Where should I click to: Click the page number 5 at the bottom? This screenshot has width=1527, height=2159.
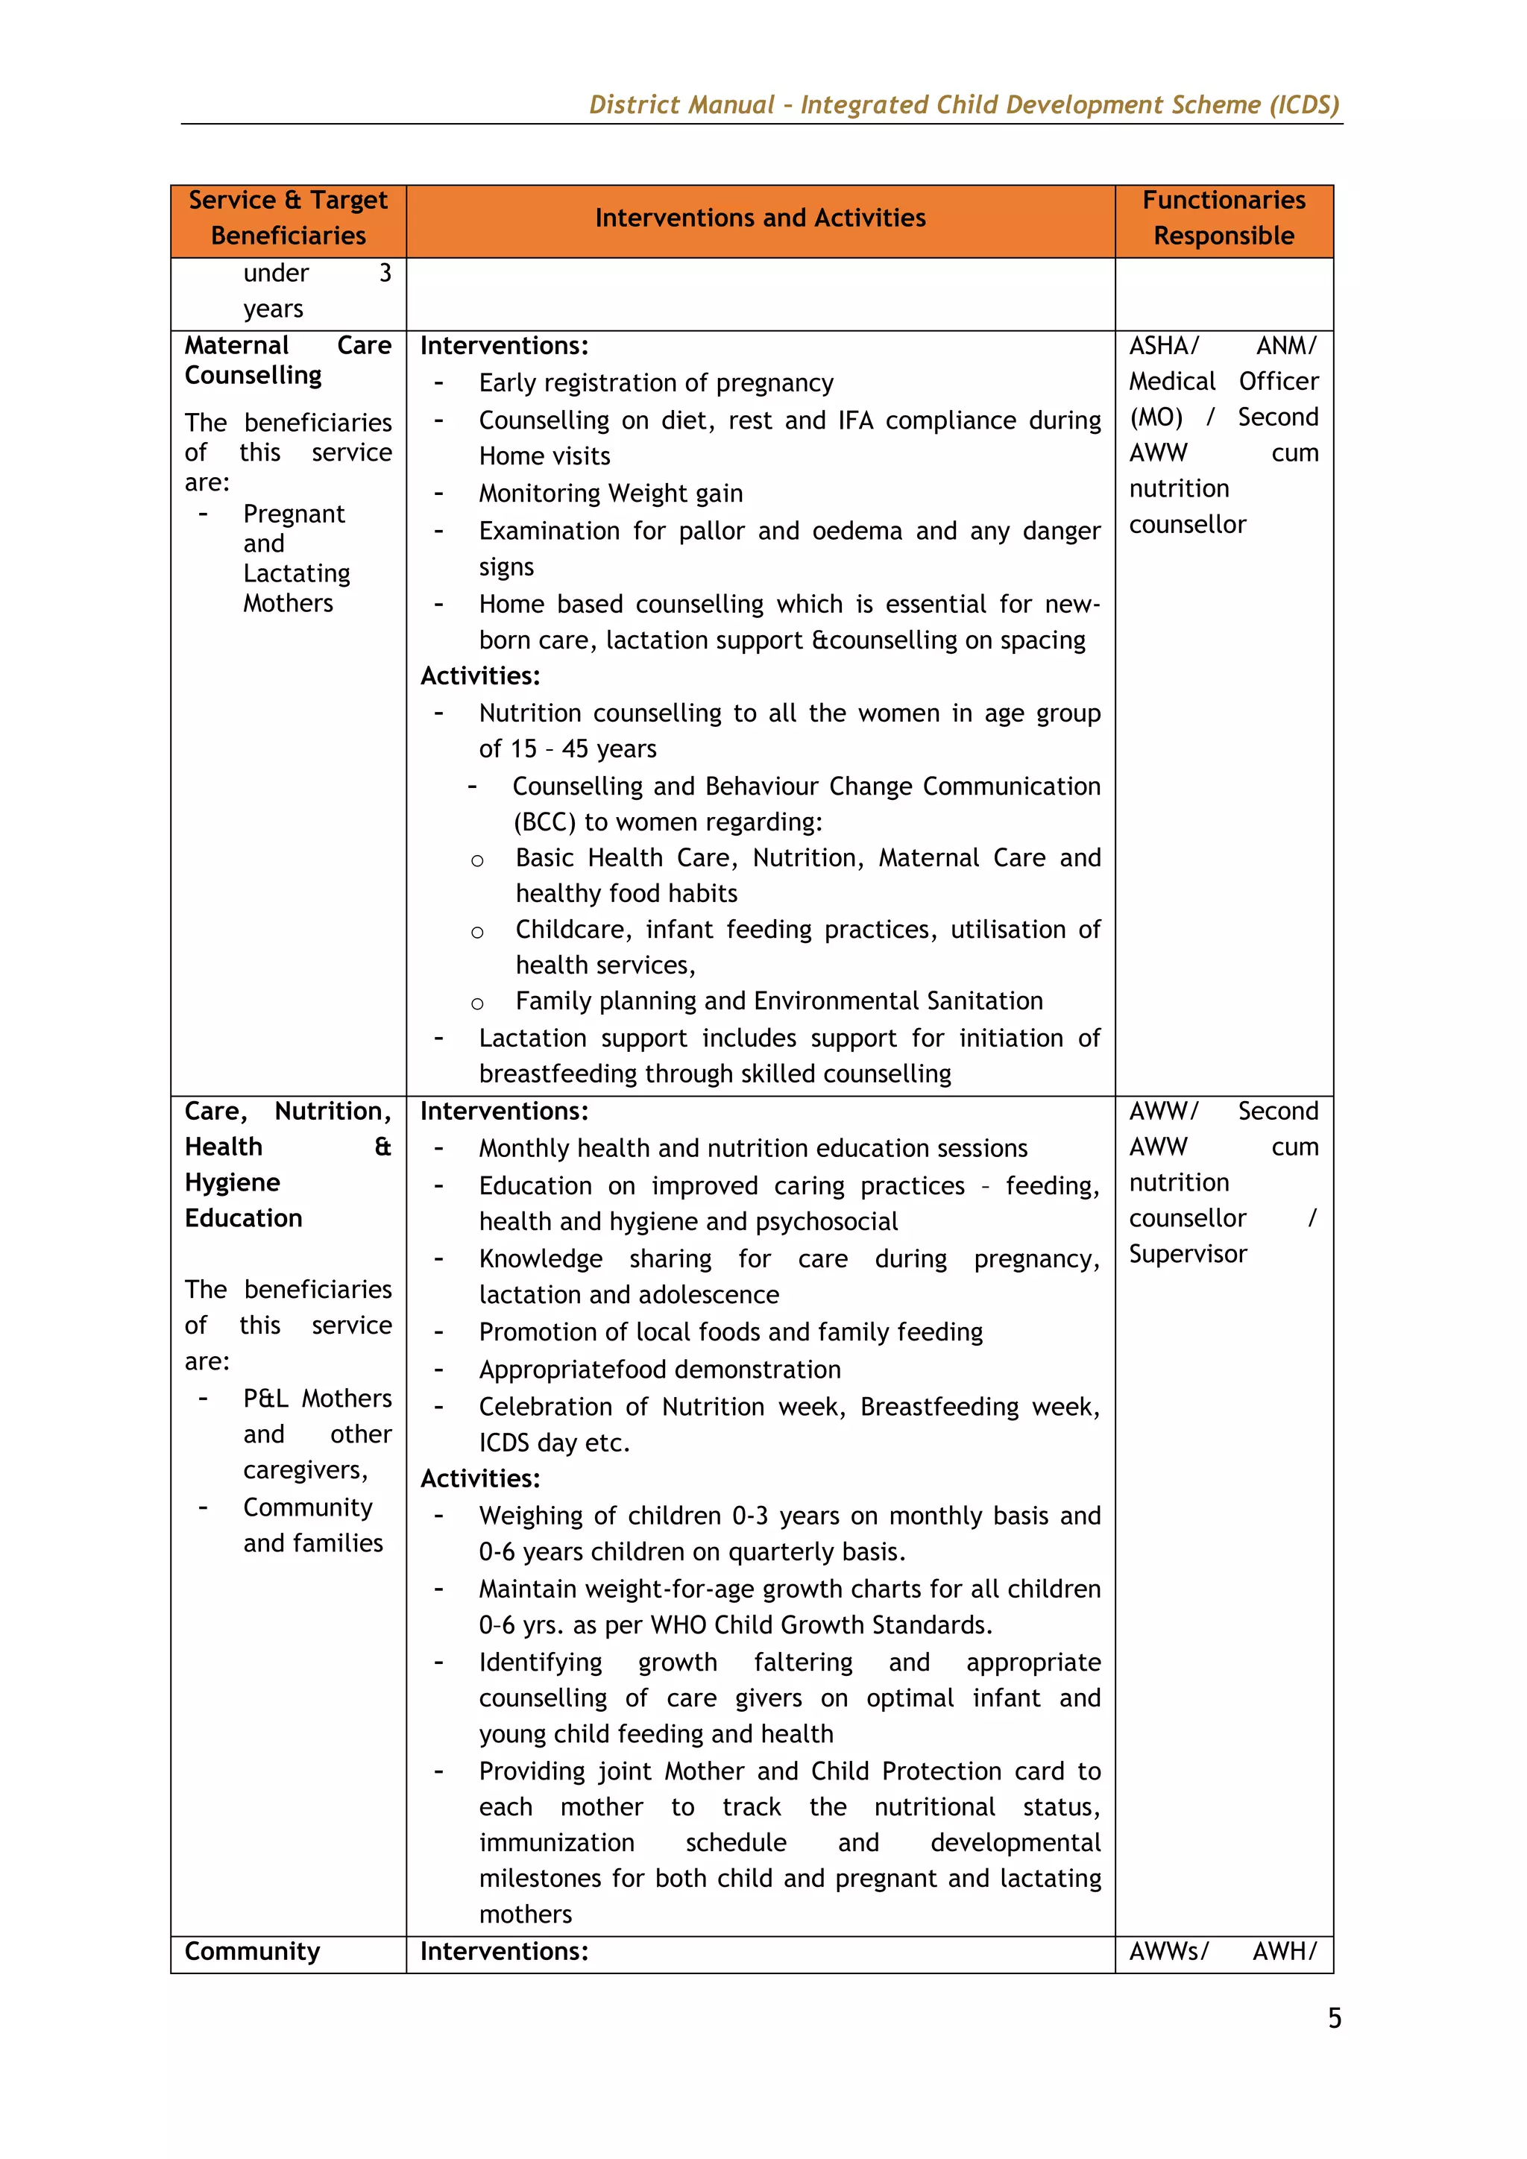[x=1334, y=2018]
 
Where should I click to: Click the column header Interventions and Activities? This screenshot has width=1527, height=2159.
[x=760, y=218]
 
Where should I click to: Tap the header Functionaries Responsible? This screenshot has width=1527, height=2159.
[x=1224, y=218]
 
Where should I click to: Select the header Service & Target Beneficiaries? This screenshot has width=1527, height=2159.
[x=288, y=218]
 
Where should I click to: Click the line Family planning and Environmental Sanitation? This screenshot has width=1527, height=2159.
[x=778, y=1000]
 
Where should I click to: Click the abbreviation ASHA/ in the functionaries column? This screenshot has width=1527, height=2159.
[x=1164, y=346]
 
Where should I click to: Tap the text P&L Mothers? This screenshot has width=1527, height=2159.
[x=317, y=1399]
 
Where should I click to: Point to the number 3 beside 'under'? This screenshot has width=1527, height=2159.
[x=385, y=273]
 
